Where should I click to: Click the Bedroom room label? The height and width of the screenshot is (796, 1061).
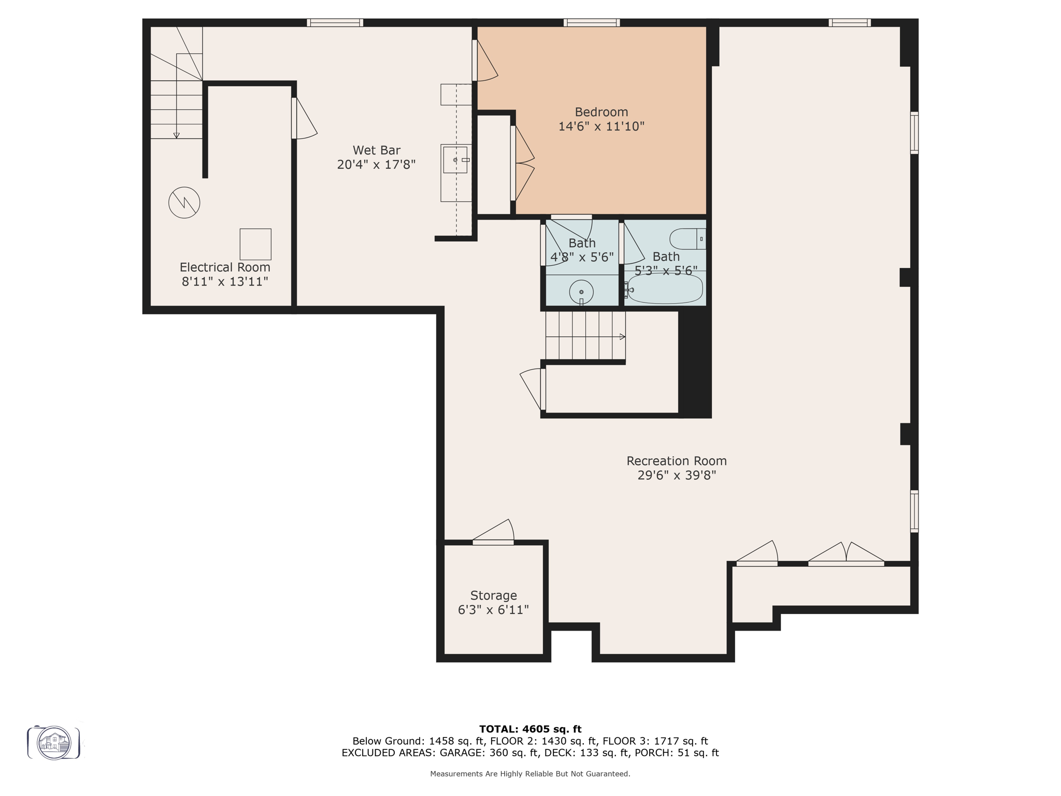(601, 112)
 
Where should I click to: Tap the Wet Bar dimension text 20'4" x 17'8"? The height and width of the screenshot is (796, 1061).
(376, 165)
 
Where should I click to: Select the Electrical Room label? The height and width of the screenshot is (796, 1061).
(225, 267)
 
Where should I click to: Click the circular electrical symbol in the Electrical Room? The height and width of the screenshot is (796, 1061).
(184, 202)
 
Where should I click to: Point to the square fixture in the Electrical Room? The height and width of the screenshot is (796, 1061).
(255, 244)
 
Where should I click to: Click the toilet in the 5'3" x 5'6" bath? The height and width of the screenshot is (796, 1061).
(687, 239)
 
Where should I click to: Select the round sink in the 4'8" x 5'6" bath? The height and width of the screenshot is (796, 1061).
(581, 292)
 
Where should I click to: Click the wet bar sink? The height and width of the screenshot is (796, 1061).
(455, 160)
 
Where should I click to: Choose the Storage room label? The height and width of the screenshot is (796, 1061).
(493, 595)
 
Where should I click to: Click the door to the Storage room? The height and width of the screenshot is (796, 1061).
(494, 534)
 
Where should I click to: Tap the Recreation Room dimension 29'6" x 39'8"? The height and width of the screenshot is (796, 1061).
(676, 475)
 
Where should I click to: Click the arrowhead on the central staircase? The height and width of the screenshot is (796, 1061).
(622, 337)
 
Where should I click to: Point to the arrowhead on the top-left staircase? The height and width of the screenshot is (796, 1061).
(176, 135)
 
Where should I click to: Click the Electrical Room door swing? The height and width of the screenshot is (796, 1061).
(305, 119)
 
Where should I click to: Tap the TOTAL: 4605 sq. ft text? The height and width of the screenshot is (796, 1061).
(530, 729)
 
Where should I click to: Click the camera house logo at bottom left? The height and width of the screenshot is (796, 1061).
(54, 743)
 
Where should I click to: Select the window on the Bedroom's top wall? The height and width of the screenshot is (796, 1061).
(592, 23)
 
